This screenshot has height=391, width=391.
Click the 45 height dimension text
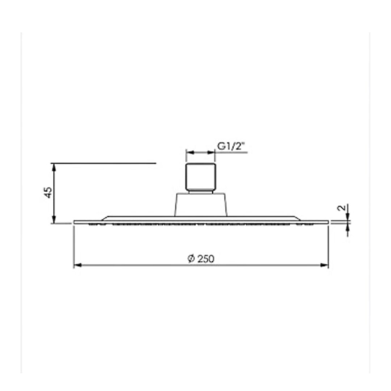click(48, 192)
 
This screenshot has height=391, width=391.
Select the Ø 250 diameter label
click(201, 258)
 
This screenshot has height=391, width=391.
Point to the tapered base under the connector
click(201, 204)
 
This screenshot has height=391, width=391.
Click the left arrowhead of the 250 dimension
click(78, 265)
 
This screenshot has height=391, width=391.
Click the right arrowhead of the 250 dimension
click(324, 265)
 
